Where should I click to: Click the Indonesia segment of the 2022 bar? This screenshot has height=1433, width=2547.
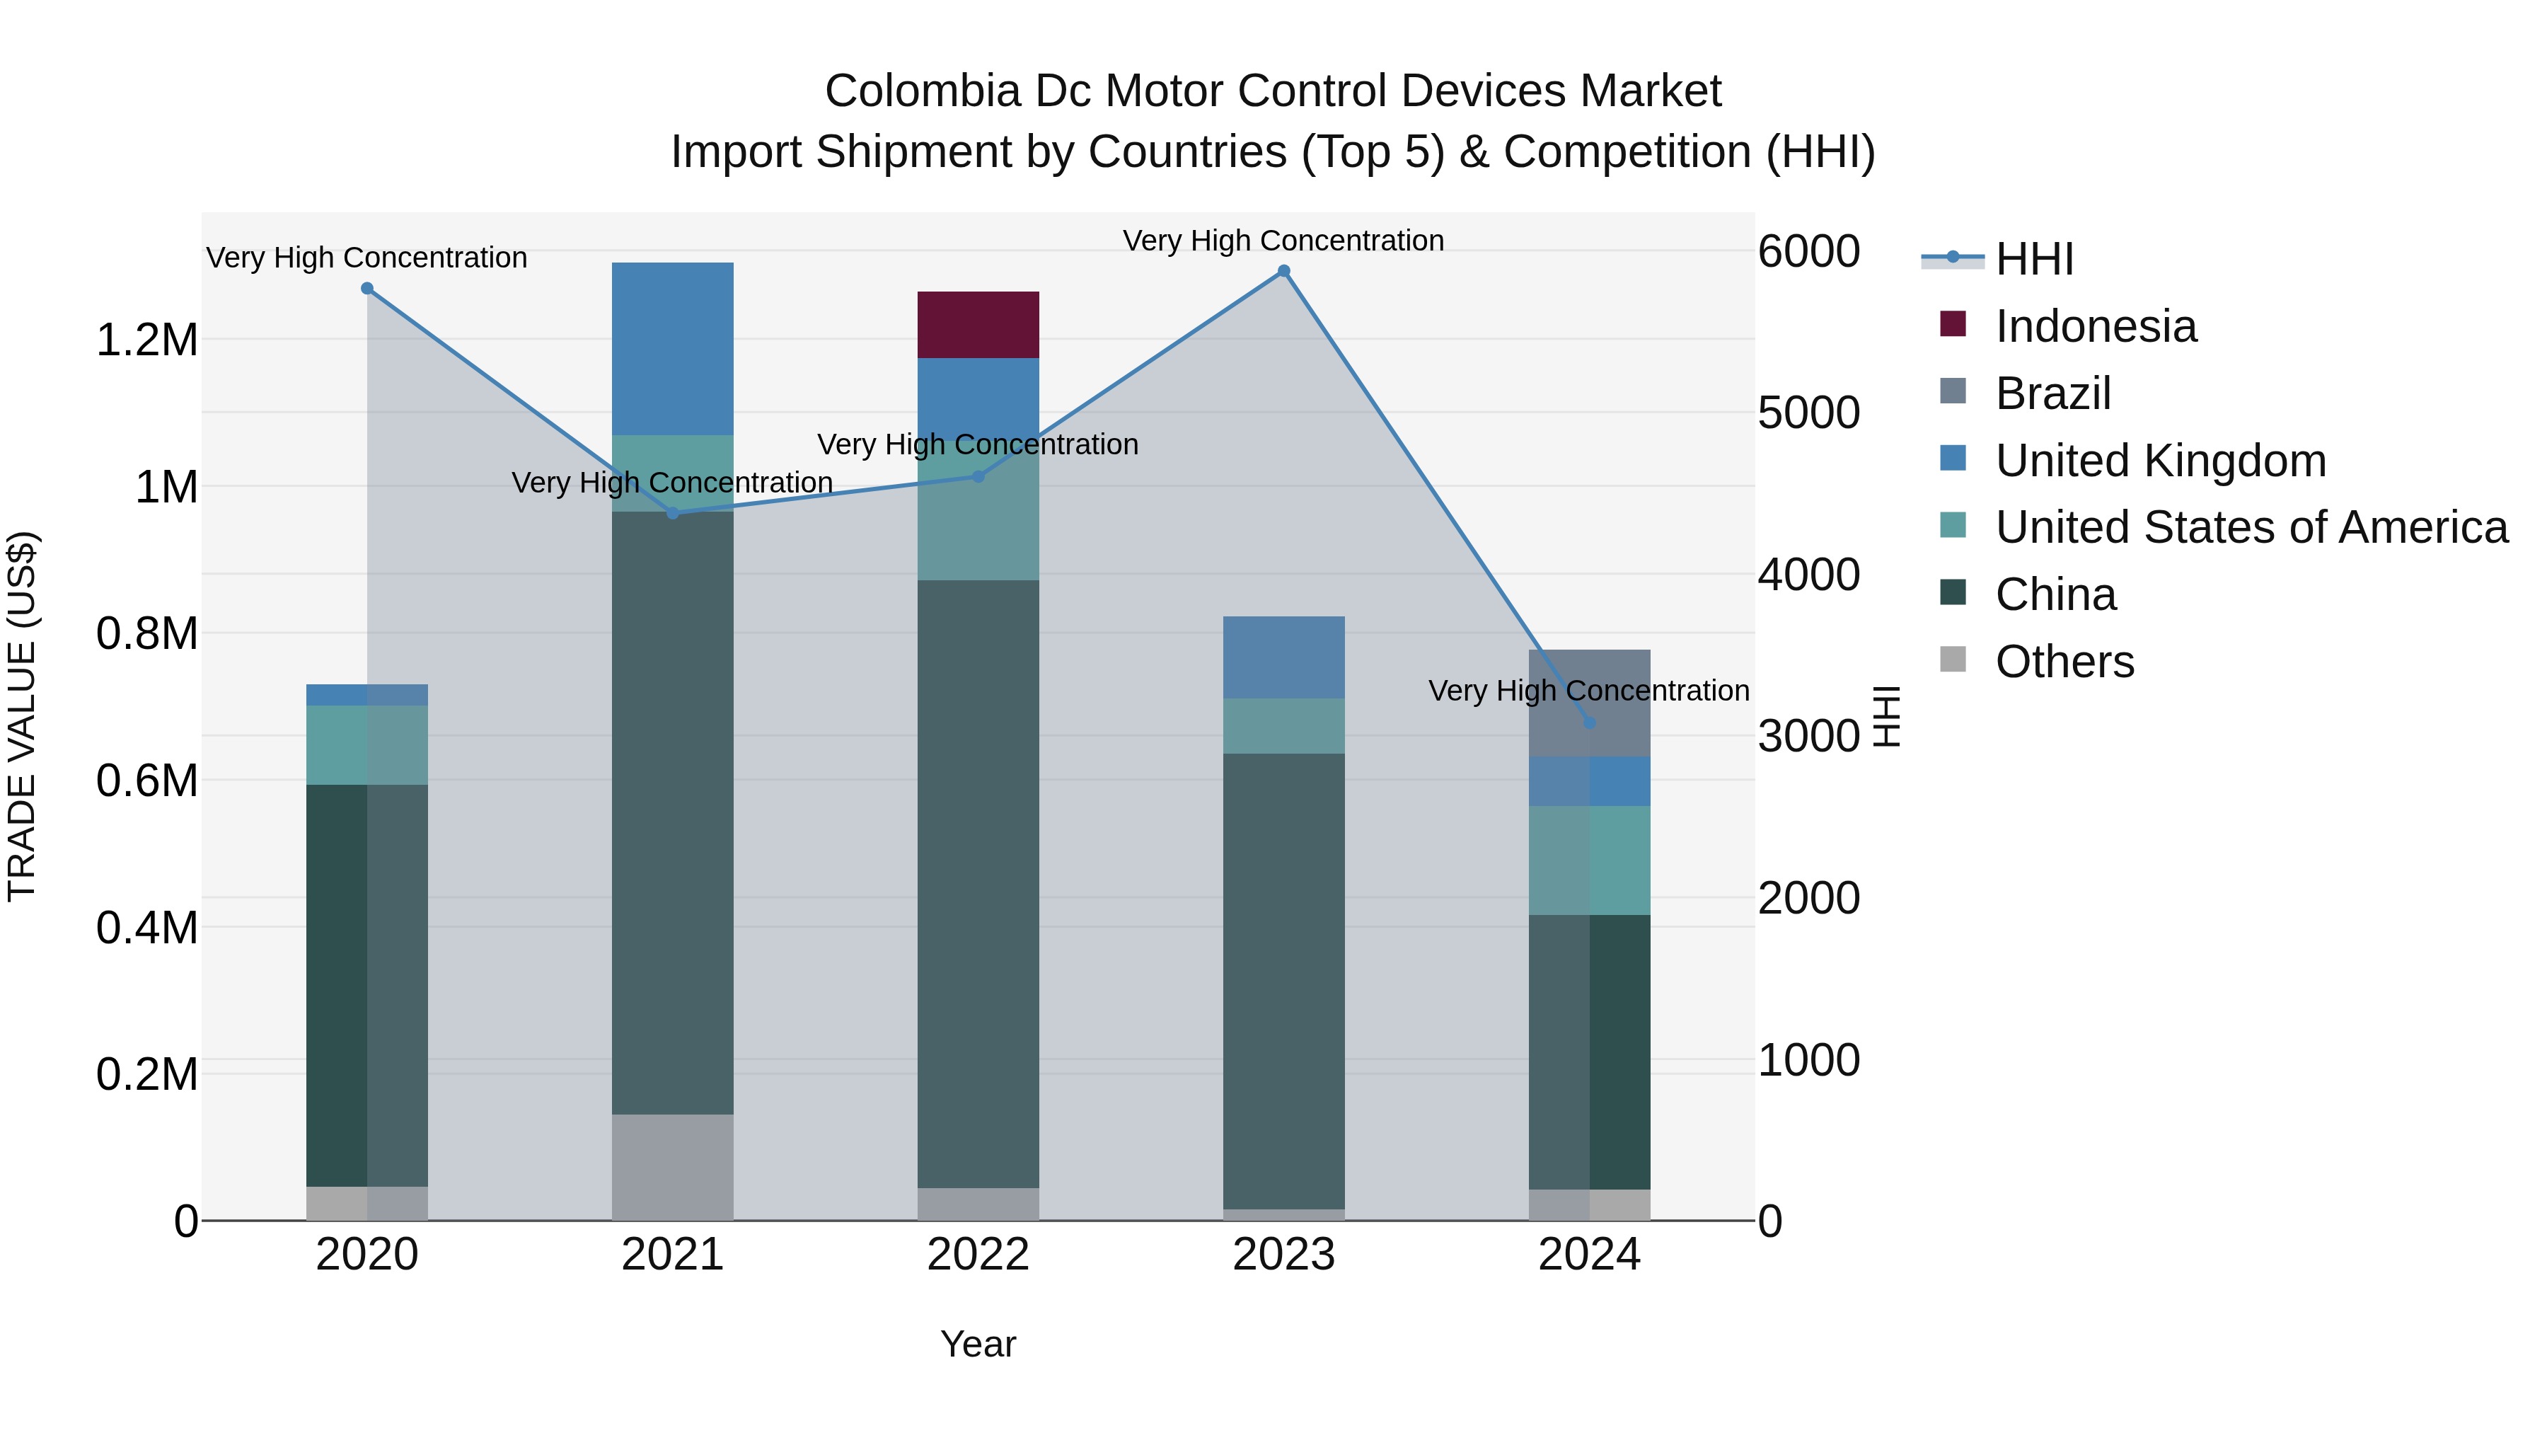(978, 324)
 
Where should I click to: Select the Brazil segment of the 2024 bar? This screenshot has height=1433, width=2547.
(1589, 702)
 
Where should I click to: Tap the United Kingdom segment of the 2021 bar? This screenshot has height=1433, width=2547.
(672, 348)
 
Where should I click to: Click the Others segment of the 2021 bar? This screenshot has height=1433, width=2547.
(672, 1167)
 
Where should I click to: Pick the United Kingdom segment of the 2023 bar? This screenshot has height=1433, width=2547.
(1283, 657)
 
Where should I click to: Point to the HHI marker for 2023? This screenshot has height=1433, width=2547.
(1283, 271)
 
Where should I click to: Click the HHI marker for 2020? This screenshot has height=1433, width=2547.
(366, 289)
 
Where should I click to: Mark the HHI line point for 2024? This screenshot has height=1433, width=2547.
(1589, 723)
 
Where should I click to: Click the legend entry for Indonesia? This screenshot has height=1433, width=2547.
(2095, 326)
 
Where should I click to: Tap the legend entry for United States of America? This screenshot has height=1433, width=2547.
(2251, 527)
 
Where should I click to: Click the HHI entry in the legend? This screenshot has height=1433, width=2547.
(2034, 259)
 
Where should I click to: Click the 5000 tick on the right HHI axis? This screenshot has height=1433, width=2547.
(1808, 413)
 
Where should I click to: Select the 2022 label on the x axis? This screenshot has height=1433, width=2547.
(978, 1255)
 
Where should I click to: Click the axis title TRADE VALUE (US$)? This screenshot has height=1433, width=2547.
(22, 716)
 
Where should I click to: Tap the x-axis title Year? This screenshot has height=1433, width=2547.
(978, 1344)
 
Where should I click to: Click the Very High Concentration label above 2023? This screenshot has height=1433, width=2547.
(1283, 241)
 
